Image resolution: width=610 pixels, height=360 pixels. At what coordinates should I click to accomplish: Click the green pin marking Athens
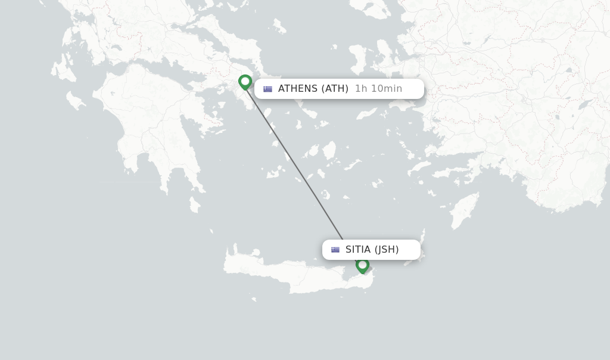[245, 82]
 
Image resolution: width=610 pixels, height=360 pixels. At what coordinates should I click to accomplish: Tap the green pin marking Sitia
[362, 265]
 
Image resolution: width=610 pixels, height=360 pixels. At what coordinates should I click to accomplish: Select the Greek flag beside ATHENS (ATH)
[268, 89]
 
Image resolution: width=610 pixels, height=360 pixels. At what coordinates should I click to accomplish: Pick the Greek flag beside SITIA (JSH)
[335, 250]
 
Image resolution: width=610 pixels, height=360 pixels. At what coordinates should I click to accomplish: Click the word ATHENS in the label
[298, 89]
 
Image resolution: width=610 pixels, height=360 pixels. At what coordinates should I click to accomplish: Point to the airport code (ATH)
[335, 89]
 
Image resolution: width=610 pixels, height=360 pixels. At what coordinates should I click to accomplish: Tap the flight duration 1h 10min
[378, 89]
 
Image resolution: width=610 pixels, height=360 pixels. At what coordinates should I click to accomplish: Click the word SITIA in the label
[358, 250]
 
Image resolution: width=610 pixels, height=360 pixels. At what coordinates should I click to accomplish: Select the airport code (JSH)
[387, 250]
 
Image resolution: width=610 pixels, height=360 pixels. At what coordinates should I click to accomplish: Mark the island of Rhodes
[464, 212]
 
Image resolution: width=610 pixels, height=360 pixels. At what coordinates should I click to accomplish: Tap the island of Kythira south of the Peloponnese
[195, 204]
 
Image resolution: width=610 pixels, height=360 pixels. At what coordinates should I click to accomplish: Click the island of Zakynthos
[76, 101]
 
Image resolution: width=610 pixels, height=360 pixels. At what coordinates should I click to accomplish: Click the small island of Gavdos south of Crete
[254, 299]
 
